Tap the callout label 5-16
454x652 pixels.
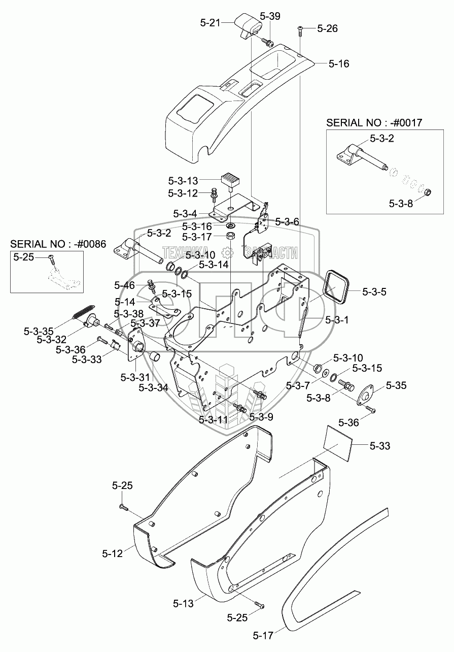(x=338, y=64)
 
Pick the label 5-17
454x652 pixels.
(x=263, y=635)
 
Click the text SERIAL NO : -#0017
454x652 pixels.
(x=374, y=122)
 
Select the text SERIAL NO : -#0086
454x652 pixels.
(x=58, y=243)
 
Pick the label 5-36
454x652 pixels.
(x=348, y=422)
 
